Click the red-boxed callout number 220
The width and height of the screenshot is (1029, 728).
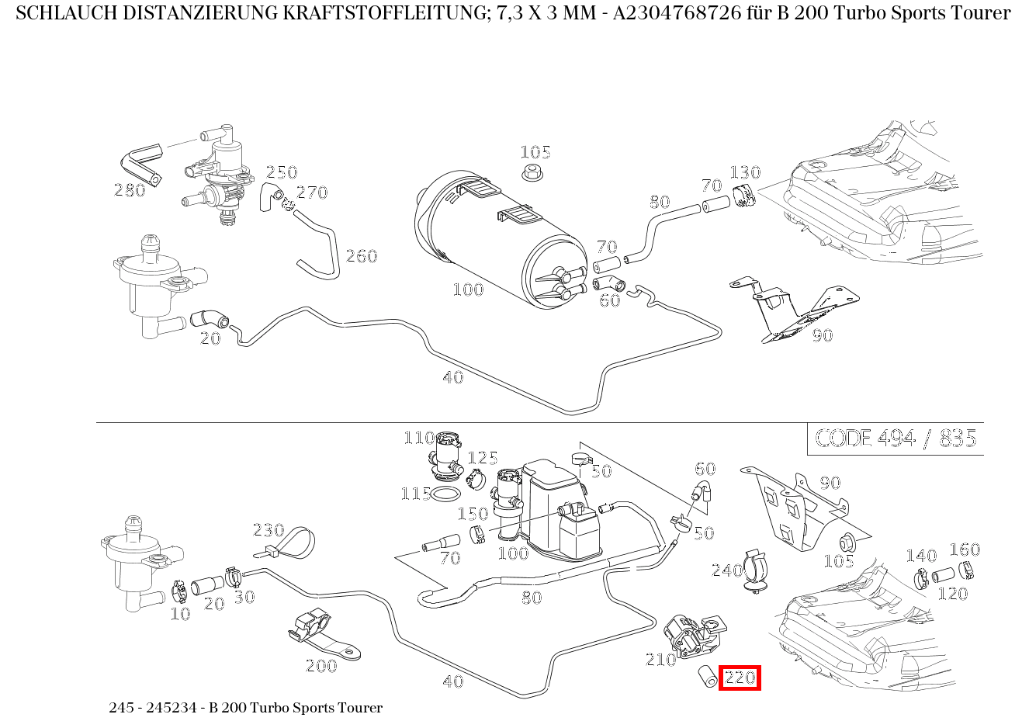[740, 678]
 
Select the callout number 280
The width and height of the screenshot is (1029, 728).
[130, 190]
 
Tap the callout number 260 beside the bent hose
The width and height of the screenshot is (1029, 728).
[361, 256]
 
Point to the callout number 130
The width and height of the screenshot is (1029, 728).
[744, 172]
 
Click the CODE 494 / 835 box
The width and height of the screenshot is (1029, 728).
[895, 439]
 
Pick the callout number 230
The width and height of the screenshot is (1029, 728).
[269, 530]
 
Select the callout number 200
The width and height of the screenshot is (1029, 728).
[320, 666]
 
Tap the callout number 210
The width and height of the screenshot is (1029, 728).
[661, 660]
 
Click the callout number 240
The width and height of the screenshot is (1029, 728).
[727, 571]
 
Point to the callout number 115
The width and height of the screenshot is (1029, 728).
[416, 494]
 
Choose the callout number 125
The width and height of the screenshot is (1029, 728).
[482, 458]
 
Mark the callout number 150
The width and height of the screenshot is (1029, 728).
[473, 514]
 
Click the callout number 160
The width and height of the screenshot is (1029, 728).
[965, 549]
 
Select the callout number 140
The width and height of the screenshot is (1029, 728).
[921, 556]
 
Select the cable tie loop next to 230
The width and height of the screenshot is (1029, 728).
[296, 542]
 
